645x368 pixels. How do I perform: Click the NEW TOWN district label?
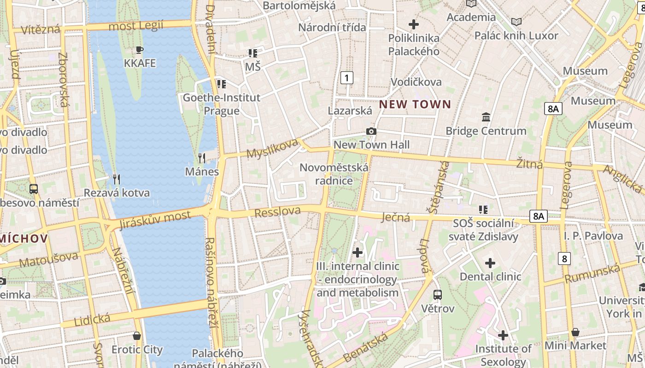(x=415, y=104)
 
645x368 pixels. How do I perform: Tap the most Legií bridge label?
(x=136, y=26)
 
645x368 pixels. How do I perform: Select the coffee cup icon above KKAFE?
(x=140, y=50)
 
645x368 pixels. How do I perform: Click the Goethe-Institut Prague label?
(x=222, y=104)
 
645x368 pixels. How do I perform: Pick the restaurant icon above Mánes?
(x=201, y=158)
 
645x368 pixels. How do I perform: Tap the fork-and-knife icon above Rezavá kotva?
(x=117, y=179)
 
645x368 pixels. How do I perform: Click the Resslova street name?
(x=277, y=212)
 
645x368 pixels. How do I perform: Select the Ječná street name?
(x=396, y=217)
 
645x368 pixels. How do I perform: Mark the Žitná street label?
(x=529, y=163)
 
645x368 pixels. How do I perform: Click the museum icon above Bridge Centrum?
(x=486, y=117)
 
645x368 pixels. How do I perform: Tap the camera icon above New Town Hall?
(x=371, y=132)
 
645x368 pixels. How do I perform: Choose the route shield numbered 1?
(x=346, y=78)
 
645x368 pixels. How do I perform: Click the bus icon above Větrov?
(x=438, y=295)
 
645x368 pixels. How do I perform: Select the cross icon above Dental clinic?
(x=490, y=263)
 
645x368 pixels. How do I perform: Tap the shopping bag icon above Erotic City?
(x=137, y=336)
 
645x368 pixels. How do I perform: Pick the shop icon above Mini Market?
(x=575, y=332)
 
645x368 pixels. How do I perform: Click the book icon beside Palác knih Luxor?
(x=516, y=22)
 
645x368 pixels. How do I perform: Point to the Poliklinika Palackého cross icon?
(x=413, y=24)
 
